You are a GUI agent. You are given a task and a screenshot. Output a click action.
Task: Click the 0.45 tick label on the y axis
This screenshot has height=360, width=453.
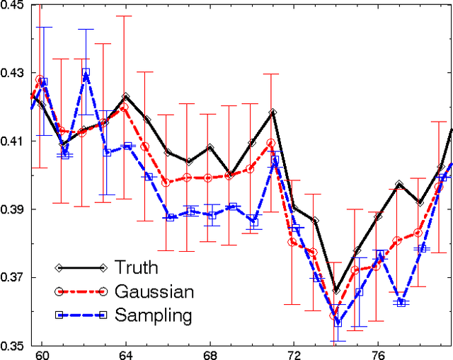(x=13, y=6)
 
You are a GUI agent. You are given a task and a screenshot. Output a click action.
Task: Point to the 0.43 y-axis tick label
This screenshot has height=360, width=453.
(x=13, y=74)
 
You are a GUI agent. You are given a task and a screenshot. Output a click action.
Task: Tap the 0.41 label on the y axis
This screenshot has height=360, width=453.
(x=13, y=141)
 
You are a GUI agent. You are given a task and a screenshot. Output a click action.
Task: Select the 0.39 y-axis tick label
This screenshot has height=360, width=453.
(x=13, y=210)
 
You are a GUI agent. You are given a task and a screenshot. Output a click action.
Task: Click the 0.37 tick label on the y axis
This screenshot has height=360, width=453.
(x=13, y=278)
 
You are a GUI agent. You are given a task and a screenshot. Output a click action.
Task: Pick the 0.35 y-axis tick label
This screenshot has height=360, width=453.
(x=13, y=346)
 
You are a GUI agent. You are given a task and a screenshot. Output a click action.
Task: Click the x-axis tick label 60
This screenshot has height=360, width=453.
(x=41, y=354)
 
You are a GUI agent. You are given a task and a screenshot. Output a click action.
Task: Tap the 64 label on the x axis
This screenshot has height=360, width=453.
(x=125, y=354)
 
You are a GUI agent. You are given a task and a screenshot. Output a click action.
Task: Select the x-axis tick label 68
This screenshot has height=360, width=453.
(x=210, y=354)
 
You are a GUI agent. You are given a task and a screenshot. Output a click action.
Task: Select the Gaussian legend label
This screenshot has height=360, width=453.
(x=154, y=291)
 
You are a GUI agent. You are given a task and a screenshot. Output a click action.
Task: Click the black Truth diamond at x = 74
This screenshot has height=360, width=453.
(x=336, y=291)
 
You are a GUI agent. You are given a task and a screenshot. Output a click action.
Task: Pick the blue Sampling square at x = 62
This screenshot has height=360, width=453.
(x=86, y=72)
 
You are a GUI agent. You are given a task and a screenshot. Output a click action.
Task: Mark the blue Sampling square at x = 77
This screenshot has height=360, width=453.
(x=401, y=302)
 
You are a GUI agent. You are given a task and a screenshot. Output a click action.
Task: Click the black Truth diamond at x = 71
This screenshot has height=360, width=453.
(x=273, y=112)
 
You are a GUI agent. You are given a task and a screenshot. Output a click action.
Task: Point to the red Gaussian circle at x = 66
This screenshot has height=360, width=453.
(x=166, y=182)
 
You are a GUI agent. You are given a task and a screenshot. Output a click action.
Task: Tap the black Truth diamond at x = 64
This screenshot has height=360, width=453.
(x=125, y=96)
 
